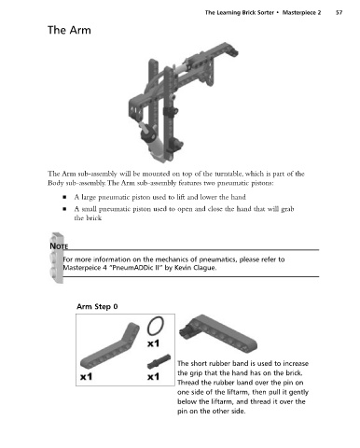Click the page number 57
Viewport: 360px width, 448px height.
[339, 13]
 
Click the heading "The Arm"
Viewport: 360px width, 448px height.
[69, 30]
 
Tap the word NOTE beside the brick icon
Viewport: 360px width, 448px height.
[59, 246]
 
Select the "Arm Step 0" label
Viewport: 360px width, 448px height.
[97, 306]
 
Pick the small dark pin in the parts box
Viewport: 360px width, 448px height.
[159, 361]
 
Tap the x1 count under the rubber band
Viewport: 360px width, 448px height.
[153, 343]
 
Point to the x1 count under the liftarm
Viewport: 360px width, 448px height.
[86, 377]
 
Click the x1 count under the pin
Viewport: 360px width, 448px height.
[153, 377]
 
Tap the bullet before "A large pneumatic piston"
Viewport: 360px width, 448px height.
[64, 197]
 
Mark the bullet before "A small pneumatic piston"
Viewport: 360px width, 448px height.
[64, 209]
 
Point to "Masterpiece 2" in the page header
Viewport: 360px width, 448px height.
[301, 13]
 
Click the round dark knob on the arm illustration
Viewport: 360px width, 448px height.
[149, 133]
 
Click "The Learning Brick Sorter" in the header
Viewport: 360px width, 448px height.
[240, 13]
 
